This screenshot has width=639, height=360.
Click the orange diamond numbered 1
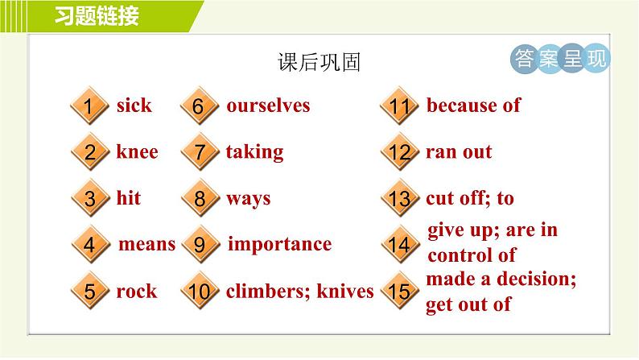[89, 106]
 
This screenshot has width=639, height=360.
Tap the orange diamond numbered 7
[200, 151]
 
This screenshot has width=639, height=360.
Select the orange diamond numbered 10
[200, 291]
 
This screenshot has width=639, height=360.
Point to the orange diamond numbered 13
[400, 198]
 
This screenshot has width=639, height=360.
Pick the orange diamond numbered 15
[400, 291]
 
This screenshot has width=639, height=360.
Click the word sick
[134, 106]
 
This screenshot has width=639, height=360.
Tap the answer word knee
[138, 151]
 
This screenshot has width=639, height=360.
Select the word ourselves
[268, 106]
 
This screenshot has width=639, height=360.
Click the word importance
[279, 245]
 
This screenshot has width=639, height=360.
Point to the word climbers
[269, 291]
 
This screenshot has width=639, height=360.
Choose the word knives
[345, 291]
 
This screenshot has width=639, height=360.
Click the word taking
[254, 152]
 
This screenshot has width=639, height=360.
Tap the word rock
[137, 291]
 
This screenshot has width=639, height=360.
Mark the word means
[146, 245]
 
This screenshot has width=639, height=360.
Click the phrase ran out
[459, 152]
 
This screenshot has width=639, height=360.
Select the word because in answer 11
[461, 106]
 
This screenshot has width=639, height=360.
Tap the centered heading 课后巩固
[319, 62]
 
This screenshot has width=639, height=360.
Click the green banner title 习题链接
[97, 16]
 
